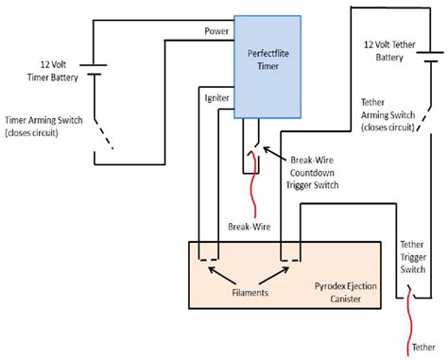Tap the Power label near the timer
pyautogui.click(x=215, y=32)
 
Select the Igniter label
pyautogui.click(x=215, y=96)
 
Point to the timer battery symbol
pyautogui.click(x=93, y=69)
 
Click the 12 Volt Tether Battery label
pyautogui.click(x=390, y=50)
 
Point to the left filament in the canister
pyautogui.click(x=209, y=256)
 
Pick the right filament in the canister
pyautogui.click(x=289, y=256)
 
